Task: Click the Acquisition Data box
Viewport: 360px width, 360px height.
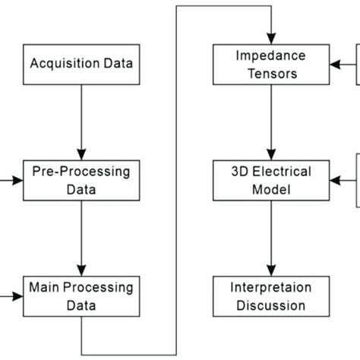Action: [81, 62]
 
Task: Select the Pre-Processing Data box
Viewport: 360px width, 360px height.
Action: [81, 180]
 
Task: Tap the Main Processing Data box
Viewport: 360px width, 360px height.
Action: [81, 296]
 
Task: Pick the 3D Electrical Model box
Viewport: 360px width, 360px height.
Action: [271, 180]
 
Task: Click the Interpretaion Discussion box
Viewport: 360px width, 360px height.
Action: [271, 296]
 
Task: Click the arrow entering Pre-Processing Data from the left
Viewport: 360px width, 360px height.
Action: [11, 181]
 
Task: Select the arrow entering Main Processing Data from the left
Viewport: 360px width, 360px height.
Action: [11, 297]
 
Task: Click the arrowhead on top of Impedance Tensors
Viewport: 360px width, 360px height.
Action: [271, 39]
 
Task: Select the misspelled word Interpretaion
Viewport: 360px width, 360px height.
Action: [271, 288]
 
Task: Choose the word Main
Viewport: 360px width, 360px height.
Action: [43, 288]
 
